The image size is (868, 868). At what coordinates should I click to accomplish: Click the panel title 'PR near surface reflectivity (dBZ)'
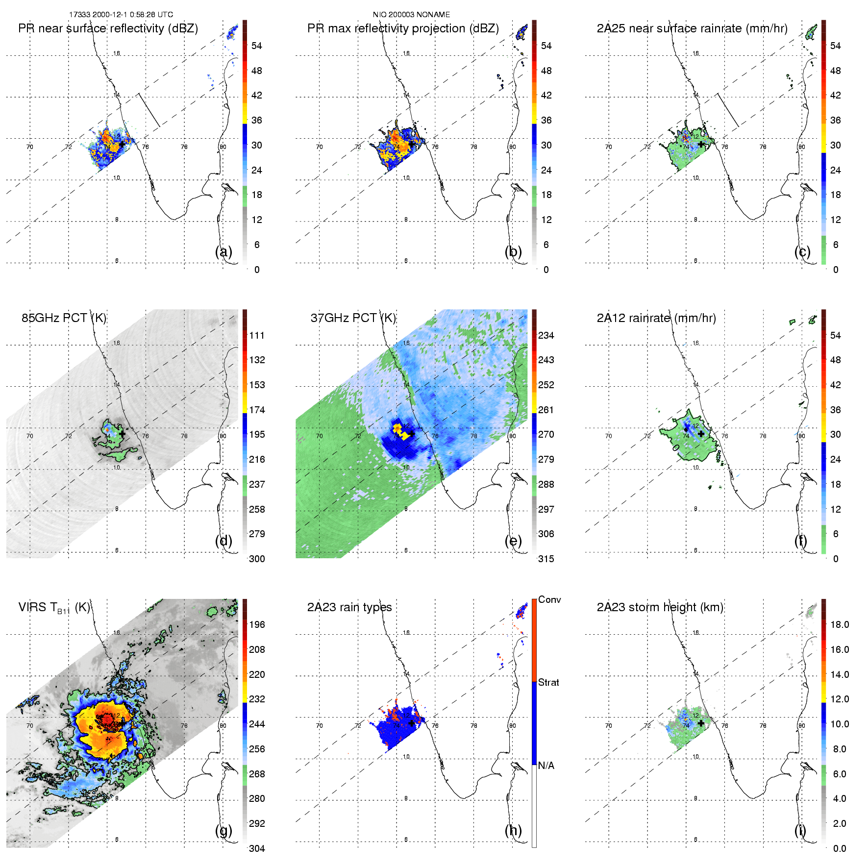click(x=108, y=28)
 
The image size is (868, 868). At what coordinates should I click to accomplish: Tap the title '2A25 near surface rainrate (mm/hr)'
click(x=692, y=28)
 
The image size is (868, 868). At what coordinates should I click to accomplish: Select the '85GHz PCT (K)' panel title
click(x=64, y=318)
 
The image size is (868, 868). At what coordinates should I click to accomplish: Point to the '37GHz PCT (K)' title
click(x=353, y=318)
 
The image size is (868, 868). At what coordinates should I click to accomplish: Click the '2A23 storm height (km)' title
click(x=660, y=607)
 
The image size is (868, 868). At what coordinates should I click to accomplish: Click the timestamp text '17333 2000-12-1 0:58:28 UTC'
click(x=121, y=15)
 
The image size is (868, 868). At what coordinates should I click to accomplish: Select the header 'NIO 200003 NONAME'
click(x=411, y=15)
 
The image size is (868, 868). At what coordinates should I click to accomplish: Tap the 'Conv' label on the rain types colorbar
click(x=549, y=600)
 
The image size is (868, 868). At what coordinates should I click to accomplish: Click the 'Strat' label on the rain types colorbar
click(x=548, y=683)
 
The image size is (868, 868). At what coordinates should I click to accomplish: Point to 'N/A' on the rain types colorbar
click(x=546, y=766)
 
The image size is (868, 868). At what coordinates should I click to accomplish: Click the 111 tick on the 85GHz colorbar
click(x=257, y=336)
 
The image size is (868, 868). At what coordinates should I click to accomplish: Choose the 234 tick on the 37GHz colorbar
click(x=546, y=336)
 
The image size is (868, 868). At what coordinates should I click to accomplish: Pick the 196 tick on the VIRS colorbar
click(x=257, y=625)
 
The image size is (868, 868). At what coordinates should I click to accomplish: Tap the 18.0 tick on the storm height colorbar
click(x=840, y=625)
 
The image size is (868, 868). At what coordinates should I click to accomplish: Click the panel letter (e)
click(x=513, y=541)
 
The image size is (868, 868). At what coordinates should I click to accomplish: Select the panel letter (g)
click(x=223, y=830)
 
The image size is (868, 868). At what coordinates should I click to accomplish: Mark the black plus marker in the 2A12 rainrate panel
click(x=701, y=434)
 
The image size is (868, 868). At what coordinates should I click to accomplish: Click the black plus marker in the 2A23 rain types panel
click(x=412, y=723)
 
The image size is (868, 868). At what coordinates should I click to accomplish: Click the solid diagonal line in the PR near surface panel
click(x=149, y=110)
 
